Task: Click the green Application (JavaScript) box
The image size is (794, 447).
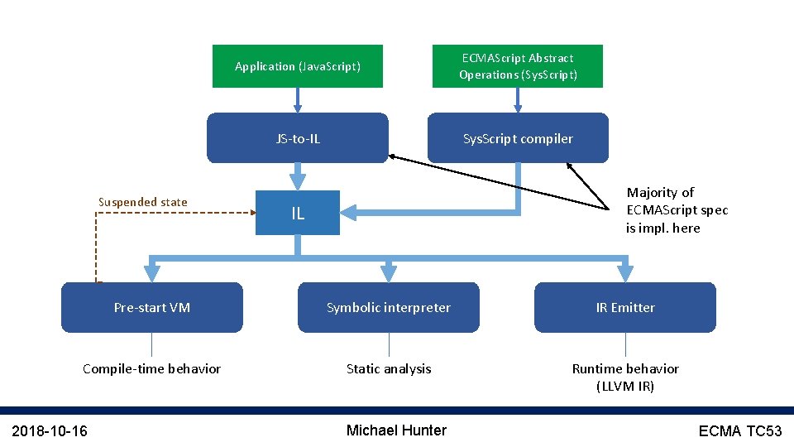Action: coord(298,66)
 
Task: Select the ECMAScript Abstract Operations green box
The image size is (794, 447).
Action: coord(518,66)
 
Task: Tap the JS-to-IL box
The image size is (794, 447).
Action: coord(298,138)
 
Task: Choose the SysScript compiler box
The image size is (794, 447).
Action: coord(518,138)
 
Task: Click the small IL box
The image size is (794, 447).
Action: coord(298,213)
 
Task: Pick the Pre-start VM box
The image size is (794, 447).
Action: coord(152,307)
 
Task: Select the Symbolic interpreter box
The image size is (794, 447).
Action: coord(389,307)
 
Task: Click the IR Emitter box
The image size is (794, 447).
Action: coord(625,307)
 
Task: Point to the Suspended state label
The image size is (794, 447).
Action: coord(143,202)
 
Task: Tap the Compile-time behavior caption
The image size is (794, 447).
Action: coord(152,368)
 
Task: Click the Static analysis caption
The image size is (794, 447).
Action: coord(389,368)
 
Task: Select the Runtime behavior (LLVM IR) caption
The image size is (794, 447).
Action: coord(625,377)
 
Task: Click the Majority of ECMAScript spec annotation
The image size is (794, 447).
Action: coord(677,210)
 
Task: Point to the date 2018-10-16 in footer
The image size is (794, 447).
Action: coord(51,430)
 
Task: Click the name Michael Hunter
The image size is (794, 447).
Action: coord(396,430)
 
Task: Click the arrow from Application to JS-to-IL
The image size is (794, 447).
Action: coord(298,99)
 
